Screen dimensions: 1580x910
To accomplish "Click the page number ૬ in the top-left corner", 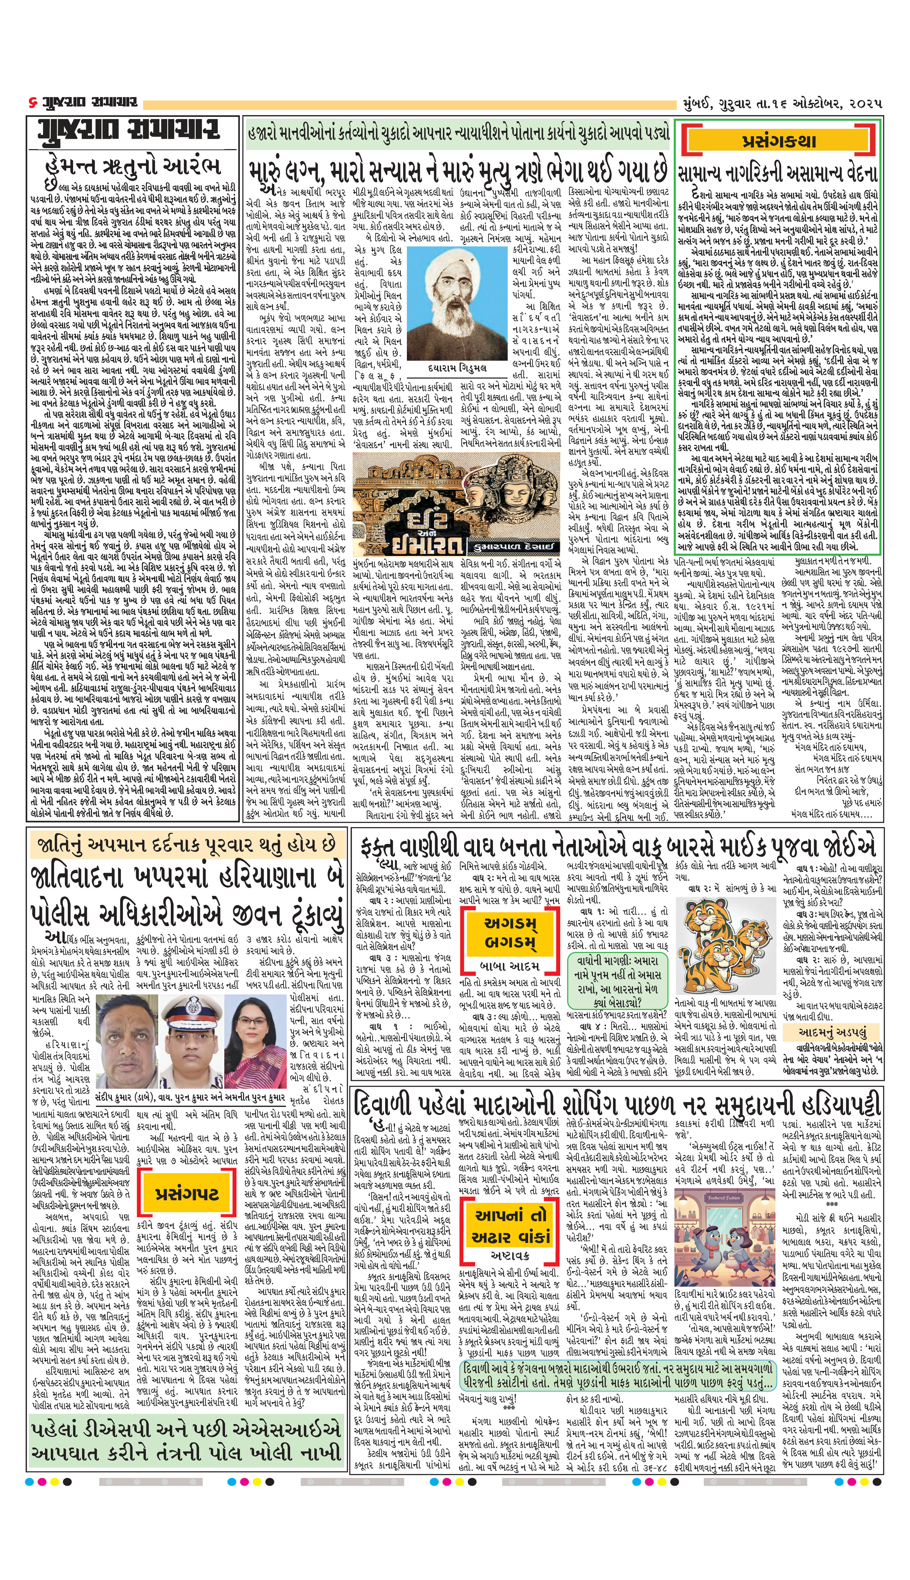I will (x=32, y=102).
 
